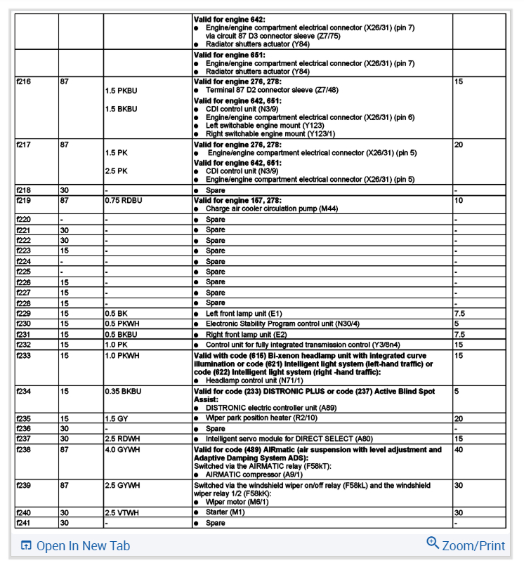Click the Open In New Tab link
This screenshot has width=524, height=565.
75,545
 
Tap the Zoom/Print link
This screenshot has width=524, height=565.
465,545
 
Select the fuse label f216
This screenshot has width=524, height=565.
23,82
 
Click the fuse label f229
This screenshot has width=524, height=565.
23,313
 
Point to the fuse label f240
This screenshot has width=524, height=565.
23,512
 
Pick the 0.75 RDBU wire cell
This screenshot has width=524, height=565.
123,200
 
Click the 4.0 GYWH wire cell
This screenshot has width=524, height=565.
123,450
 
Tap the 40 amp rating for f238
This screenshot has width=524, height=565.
459,450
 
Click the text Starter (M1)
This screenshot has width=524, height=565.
224,512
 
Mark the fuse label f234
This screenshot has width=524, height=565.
23,391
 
